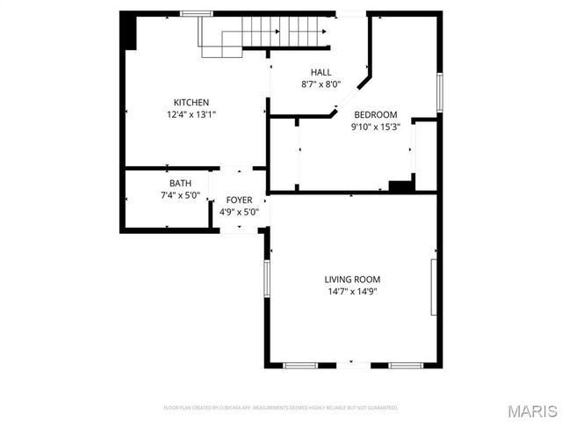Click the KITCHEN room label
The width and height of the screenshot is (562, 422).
pyautogui.click(x=191, y=102)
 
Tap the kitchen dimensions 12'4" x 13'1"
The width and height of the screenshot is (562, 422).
pyautogui.click(x=191, y=114)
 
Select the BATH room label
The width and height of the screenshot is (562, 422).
pyautogui.click(x=180, y=183)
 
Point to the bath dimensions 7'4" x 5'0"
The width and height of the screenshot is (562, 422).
pyautogui.click(x=180, y=195)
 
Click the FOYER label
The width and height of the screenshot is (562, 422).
pyautogui.click(x=239, y=200)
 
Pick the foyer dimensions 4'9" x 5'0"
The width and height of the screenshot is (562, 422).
pyautogui.click(x=239, y=212)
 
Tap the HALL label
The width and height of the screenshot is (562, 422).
pyautogui.click(x=321, y=72)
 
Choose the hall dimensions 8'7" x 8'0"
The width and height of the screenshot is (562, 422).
pyautogui.click(x=321, y=84)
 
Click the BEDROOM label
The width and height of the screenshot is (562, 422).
pyautogui.click(x=376, y=114)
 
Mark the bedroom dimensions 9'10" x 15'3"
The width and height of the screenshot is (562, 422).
pyautogui.click(x=376, y=127)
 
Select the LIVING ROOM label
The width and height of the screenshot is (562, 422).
pyautogui.click(x=353, y=279)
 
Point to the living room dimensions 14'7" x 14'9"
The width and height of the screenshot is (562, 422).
pyautogui.click(x=353, y=291)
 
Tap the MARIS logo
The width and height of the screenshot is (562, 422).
pyautogui.click(x=531, y=411)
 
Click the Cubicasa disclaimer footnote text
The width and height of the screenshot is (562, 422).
pyautogui.click(x=281, y=408)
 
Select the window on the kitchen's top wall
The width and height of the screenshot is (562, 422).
pyautogui.click(x=197, y=13)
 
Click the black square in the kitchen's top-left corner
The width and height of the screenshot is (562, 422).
pyautogui.click(x=128, y=32)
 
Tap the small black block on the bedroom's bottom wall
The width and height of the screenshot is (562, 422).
pyautogui.click(x=400, y=186)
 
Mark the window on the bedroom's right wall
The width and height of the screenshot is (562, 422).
pyautogui.click(x=438, y=91)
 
